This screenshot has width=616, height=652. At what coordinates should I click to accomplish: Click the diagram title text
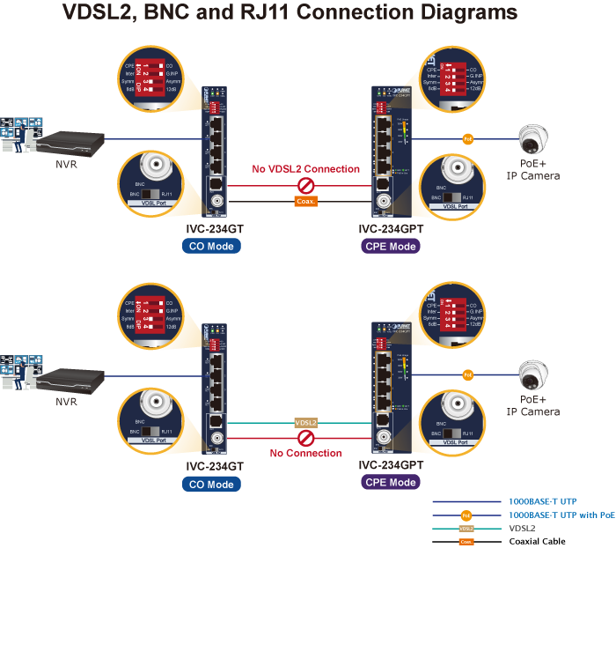tap(290, 14)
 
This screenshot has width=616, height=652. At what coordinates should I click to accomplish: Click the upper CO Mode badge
tap(211, 246)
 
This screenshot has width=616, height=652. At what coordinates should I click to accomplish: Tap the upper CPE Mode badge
tap(391, 246)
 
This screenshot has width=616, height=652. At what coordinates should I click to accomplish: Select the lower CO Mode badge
tap(211, 484)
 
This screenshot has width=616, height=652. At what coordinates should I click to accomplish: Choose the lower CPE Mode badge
tap(391, 482)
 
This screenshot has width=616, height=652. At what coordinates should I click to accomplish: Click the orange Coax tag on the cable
tap(305, 202)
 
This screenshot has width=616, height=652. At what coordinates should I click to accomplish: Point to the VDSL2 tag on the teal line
tap(305, 423)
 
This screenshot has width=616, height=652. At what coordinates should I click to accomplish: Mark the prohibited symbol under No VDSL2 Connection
tap(305, 186)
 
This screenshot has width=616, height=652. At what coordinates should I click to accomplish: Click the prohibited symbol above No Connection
tap(305, 438)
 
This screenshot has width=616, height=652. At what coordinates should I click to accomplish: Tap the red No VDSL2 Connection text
tap(305, 169)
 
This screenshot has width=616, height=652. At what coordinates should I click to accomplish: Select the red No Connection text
tap(305, 454)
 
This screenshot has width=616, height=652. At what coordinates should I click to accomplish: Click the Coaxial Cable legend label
tap(537, 541)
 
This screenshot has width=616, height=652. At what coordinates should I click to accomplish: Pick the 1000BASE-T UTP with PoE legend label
tap(561, 515)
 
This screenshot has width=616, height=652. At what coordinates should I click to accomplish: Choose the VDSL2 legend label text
tap(523, 528)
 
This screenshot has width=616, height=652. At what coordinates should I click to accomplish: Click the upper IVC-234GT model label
tap(211, 229)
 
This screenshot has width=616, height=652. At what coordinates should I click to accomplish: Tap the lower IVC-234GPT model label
tap(391, 465)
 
